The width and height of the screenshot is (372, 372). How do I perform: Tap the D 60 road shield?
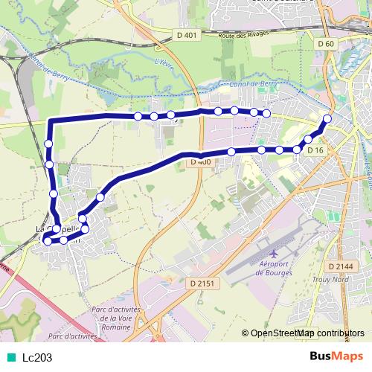point(326,44)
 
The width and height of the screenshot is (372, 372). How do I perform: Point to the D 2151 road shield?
point(200,283)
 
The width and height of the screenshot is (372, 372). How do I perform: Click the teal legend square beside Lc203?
point(10,357)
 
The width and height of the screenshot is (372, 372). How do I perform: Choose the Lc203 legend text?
point(37,357)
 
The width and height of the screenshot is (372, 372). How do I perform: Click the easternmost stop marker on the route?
point(327,119)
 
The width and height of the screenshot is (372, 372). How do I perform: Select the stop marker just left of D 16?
point(297,150)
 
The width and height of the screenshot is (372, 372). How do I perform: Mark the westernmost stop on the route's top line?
point(138,116)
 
